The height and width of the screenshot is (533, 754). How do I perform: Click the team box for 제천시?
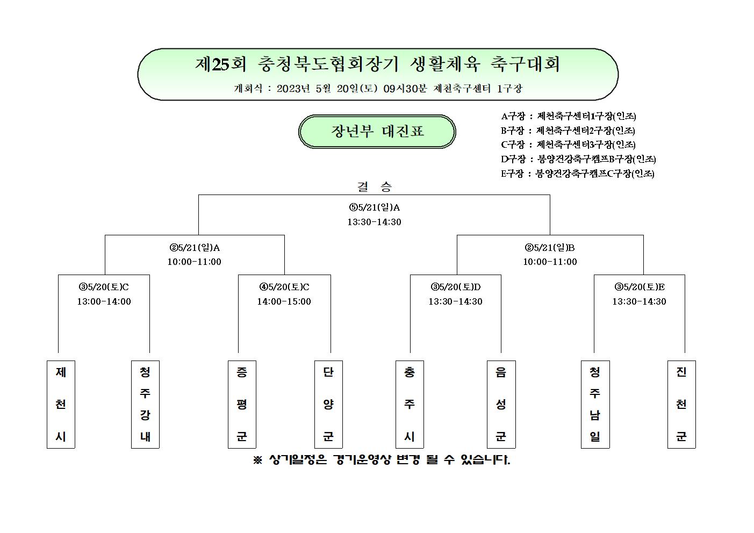click(x=61, y=404)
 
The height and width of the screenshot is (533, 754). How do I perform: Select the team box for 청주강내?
click(x=145, y=404)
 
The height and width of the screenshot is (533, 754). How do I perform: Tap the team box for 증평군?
click(x=242, y=404)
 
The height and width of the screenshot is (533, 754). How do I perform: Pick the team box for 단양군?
click(x=328, y=404)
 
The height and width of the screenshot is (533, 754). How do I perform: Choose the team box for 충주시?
click(x=410, y=404)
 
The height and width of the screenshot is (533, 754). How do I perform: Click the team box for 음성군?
click(x=501, y=404)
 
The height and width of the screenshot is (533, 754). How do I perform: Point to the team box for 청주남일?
click(x=595, y=404)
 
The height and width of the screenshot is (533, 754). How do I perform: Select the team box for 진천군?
click(x=681, y=404)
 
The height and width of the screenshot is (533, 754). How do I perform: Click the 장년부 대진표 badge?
click(x=377, y=131)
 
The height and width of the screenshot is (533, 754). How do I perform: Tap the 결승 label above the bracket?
click(x=374, y=186)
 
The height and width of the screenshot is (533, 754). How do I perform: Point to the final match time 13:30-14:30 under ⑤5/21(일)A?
click(x=374, y=222)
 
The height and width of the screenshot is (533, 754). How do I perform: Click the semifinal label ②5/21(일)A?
click(x=195, y=248)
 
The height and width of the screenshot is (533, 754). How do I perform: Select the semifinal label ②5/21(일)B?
click(x=550, y=248)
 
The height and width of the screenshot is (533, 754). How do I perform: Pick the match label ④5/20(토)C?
click(x=284, y=287)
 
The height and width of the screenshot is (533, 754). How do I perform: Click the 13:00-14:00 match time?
click(x=104, y=301)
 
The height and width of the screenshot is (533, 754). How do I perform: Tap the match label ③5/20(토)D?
click(x=455, y=287)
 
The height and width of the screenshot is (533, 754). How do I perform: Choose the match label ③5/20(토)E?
click(x=639, y=287)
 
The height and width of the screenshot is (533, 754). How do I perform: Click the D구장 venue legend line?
click(x=578, y=159)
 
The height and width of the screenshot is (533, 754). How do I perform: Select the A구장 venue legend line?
click(x=569, y=117)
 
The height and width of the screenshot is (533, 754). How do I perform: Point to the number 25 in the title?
click(x=221, y=64)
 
